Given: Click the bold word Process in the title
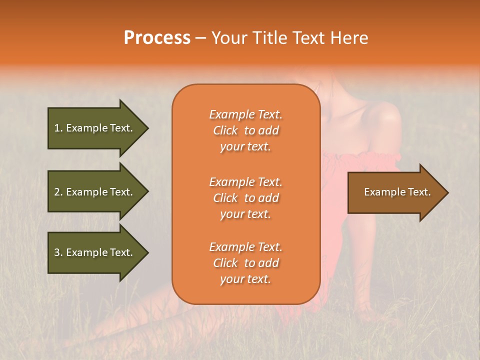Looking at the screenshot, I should point(157,38).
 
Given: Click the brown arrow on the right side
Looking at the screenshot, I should point(395,192).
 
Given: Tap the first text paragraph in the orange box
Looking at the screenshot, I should point(245,130).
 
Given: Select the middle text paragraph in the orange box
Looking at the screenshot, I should point(245,198).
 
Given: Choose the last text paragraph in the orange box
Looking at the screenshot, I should point(245,263).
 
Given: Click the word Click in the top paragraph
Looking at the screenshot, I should point(225,130).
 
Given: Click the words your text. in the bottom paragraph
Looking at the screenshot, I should point(245,279).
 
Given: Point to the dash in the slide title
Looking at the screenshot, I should point(200,38).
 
